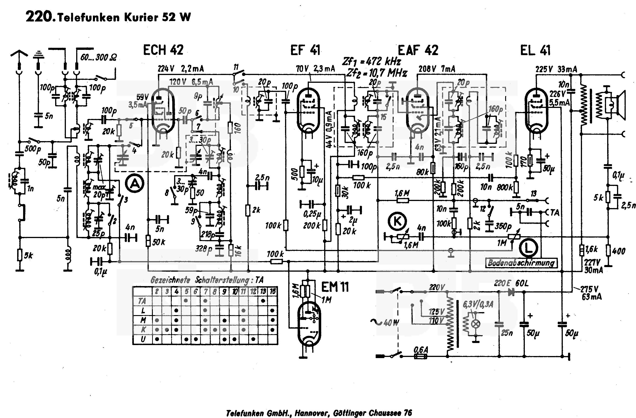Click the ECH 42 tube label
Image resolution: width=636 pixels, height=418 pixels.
(x=163, y=50)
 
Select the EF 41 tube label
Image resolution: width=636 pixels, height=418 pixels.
(x=305, y=50)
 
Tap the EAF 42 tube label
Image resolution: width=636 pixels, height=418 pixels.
(x=418, y=50)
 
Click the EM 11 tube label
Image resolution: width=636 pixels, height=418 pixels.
(x=335, y=287)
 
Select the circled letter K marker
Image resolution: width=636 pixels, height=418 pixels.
(x=397, y=221)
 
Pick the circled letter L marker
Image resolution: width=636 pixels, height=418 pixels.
(x=528, y=248)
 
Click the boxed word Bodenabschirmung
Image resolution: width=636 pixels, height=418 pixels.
(x=521, y=263)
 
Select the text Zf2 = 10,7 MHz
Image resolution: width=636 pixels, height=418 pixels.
(x=377, y=73)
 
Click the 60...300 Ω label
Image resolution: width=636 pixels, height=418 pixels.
(x=98, y=57)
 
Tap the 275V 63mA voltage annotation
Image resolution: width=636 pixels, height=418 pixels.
(x=591, y=293)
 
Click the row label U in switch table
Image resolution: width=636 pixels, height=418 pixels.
(x=143, y=339)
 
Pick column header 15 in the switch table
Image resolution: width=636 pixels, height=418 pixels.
(x=272, y=291)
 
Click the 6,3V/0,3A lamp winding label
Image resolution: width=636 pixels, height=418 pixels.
(x=478, y=304)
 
